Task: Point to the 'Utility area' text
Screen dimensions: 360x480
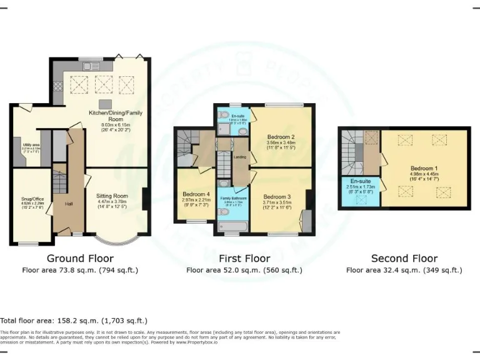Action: [x=31, y=144]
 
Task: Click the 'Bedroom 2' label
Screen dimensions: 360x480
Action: [x=281, y=136]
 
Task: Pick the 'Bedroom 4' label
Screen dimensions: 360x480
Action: [x=195, y=194]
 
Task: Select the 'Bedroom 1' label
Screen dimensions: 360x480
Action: [x=423, y=169]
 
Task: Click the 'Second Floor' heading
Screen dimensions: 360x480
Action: [x=404, y=258]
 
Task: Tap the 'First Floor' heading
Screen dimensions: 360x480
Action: [x=244, y=258]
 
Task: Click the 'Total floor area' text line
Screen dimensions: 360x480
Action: [x=73, y=319]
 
